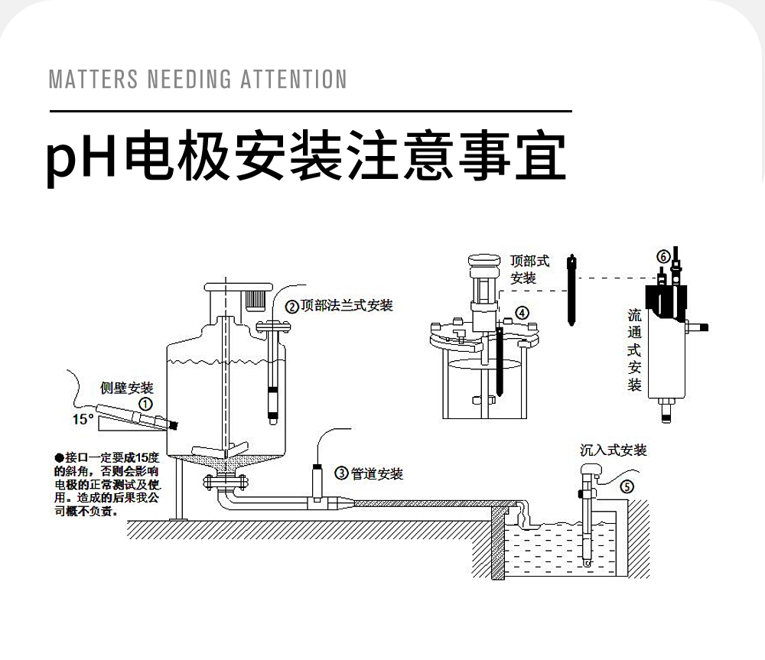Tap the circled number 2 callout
(292, 307)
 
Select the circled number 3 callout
(342, 474)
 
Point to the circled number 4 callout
(521, 312)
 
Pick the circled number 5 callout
(626, 486)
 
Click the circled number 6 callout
(663, 255)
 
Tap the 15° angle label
(83, 419)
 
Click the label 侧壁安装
(127, 389)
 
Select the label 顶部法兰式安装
(347, 306)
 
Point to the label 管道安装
(376, 474)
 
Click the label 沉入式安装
(614, 450)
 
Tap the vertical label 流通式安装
(635, 350)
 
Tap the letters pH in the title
(83, 158)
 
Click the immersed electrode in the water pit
(586, 528)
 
